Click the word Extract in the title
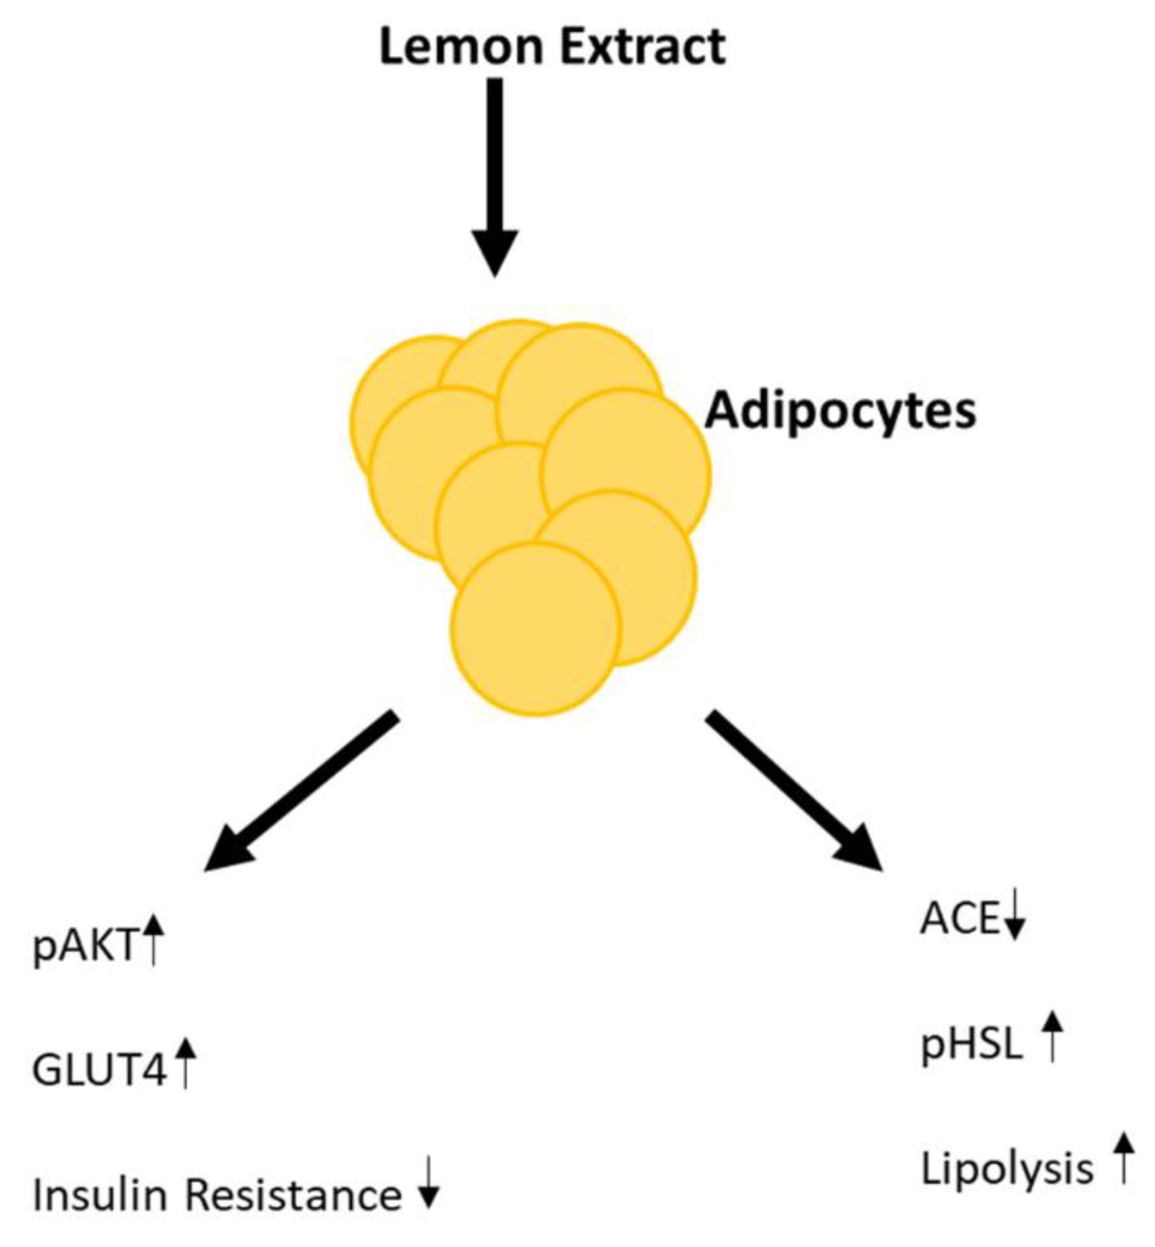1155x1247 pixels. coord(642,47)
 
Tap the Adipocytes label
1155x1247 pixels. coord(840,411)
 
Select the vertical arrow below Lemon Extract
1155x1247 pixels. coord(495,175)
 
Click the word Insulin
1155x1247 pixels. coord(100,1194)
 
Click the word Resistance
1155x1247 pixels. coord(293,1194)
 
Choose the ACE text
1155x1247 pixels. coord(959,919)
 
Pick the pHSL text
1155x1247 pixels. coord(971,1045)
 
